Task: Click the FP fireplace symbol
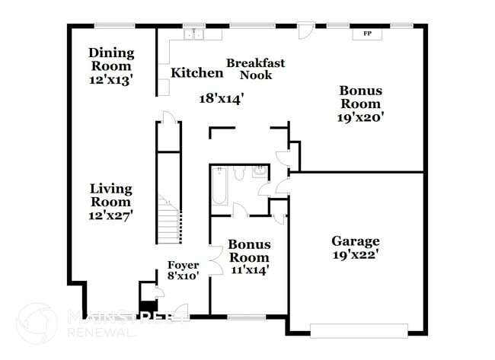[368, 33]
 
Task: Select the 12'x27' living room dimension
[111, 215]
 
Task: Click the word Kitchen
[196, 73]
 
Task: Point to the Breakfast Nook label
[256, 68]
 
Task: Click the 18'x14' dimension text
[221, 97]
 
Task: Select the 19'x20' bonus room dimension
[360, 117]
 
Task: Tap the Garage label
[355, 241]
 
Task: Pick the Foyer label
[183, 265]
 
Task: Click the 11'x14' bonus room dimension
[249, 269]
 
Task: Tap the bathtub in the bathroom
[219, 186]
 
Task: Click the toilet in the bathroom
[239, 174]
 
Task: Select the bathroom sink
[261, 171]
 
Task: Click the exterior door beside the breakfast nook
[305, 30]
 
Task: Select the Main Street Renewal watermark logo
[37, 323]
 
